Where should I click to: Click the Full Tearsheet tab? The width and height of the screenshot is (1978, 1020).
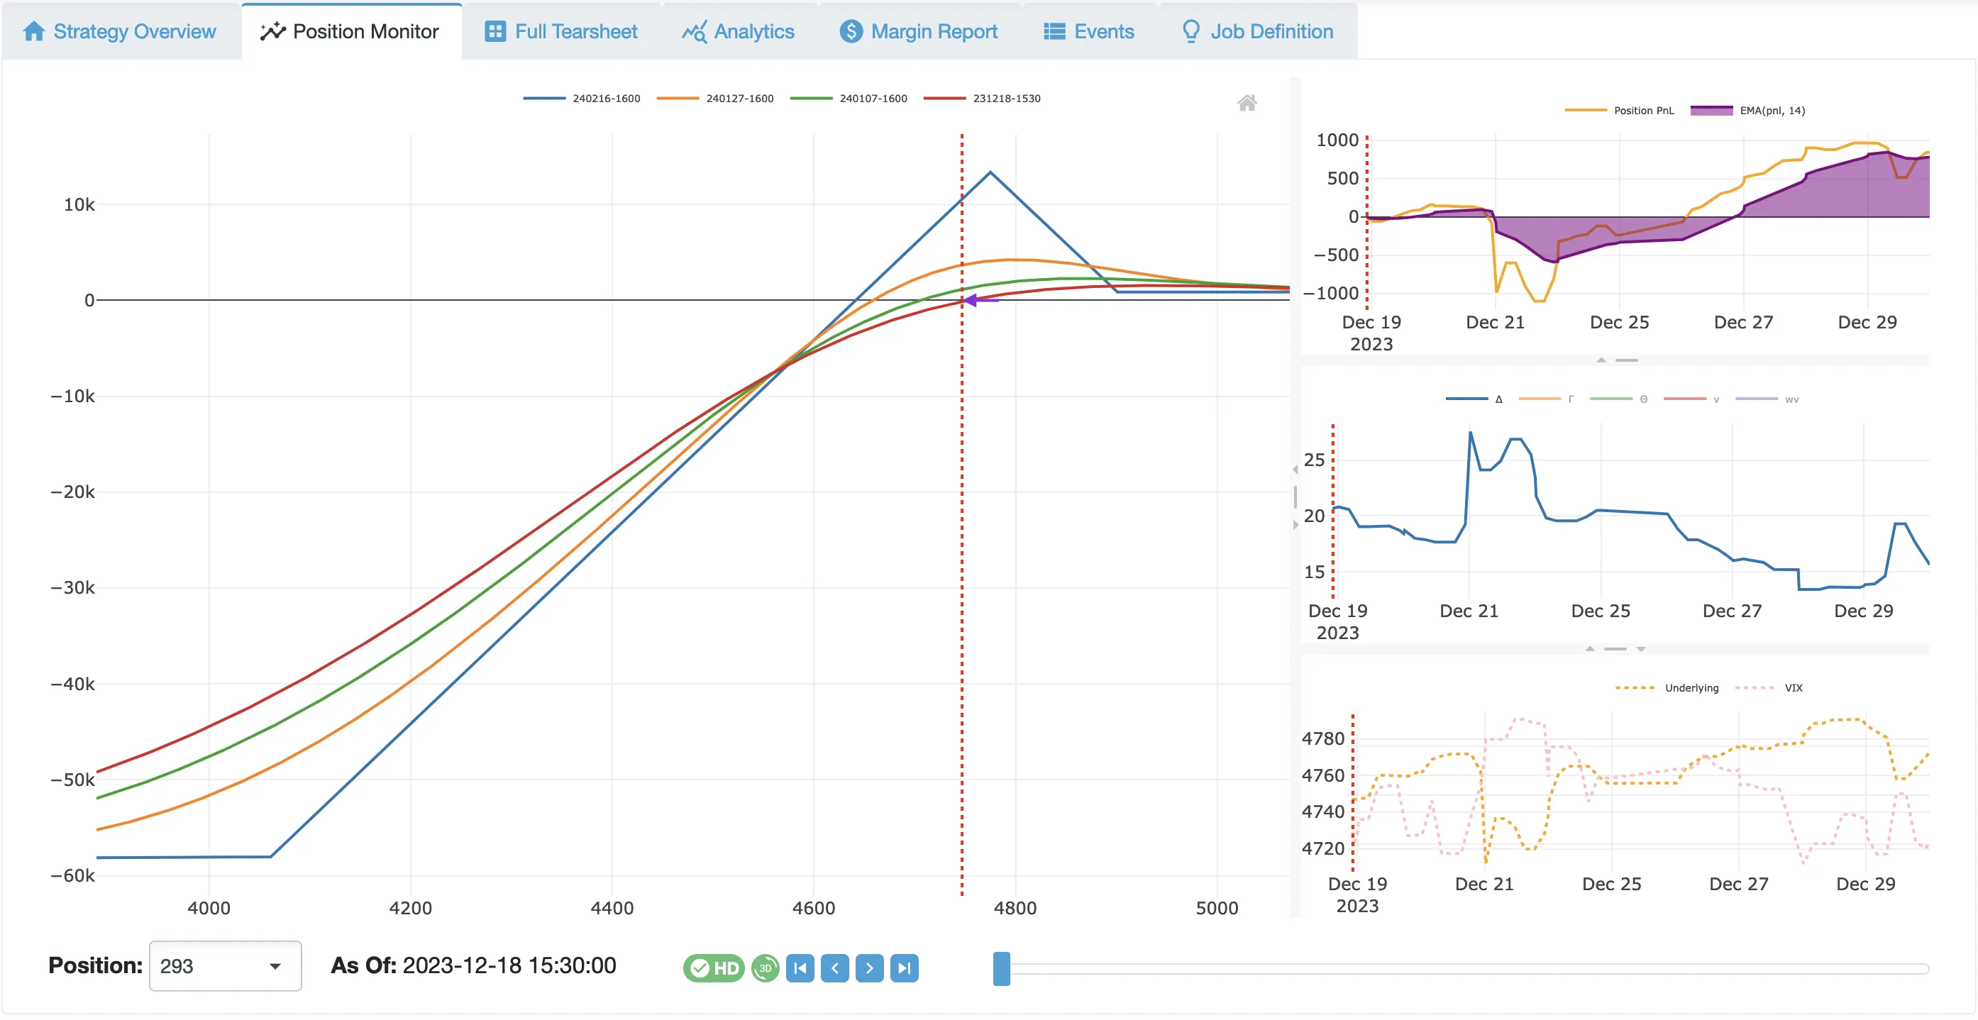click(561, 31)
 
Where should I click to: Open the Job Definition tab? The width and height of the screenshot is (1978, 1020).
click(1257, 31)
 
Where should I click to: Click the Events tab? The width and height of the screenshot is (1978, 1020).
click(1088, 31)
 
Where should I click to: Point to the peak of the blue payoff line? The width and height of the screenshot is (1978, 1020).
click(990, 172)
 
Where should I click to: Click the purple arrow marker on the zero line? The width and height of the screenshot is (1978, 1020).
click(972, 300)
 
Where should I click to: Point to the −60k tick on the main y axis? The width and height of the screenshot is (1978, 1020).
click(73, 876)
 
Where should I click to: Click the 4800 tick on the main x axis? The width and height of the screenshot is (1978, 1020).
click(1015, 908)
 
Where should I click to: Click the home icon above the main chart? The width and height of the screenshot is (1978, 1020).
click(1247, 103)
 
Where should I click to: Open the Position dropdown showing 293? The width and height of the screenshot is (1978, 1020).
click(224, 966)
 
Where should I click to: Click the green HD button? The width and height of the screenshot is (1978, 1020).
click(713, 968)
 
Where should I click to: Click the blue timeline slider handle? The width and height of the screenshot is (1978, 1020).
click(1001, 969)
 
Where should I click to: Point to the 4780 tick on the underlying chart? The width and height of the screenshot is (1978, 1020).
click(1323, 738)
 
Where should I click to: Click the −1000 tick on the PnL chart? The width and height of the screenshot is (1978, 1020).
click(1331, 293)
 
